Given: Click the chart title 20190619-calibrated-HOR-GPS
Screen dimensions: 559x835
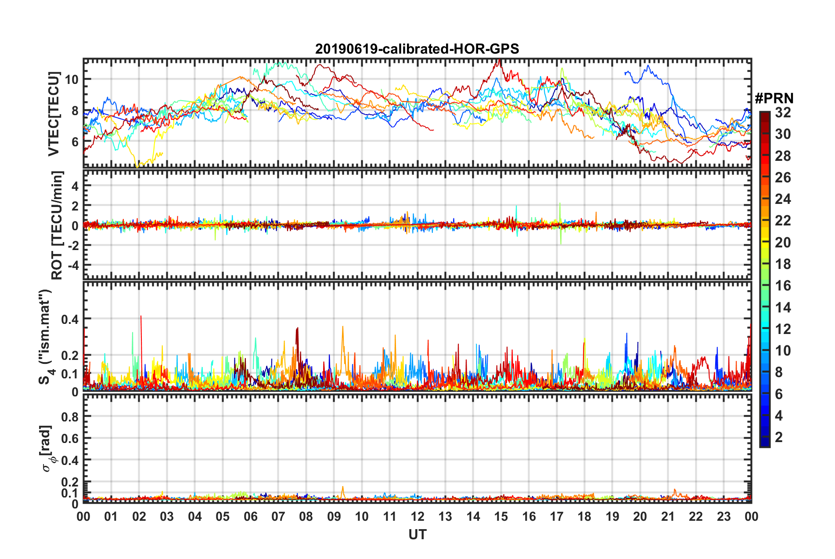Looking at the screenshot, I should coord(417,49).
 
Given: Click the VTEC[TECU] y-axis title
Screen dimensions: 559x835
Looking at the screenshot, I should coord(54,114).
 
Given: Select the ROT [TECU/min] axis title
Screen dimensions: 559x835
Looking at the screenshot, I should coord(57,225).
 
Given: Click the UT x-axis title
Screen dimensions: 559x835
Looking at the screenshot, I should coord(417,534).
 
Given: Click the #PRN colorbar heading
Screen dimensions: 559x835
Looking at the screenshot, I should coord(774,98).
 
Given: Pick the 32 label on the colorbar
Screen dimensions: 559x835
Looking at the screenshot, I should coord(783,113).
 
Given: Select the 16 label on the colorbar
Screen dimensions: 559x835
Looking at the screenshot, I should coord(783,286).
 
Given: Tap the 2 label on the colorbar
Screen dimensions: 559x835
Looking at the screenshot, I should coord(779,437).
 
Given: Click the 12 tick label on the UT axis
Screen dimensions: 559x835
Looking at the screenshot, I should coord(417,516).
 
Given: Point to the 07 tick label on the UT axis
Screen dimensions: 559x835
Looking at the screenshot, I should coord(278,516).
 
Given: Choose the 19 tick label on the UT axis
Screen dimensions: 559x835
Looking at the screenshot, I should coord(612,516).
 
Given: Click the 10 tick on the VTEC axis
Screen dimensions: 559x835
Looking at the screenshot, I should coord(72,80).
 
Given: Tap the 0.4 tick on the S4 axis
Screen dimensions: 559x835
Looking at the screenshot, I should coord(70,319).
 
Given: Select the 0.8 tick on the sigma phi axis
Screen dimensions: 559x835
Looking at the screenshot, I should coord(70,417).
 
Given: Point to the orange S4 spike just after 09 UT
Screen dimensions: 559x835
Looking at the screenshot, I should coord(343,327).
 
